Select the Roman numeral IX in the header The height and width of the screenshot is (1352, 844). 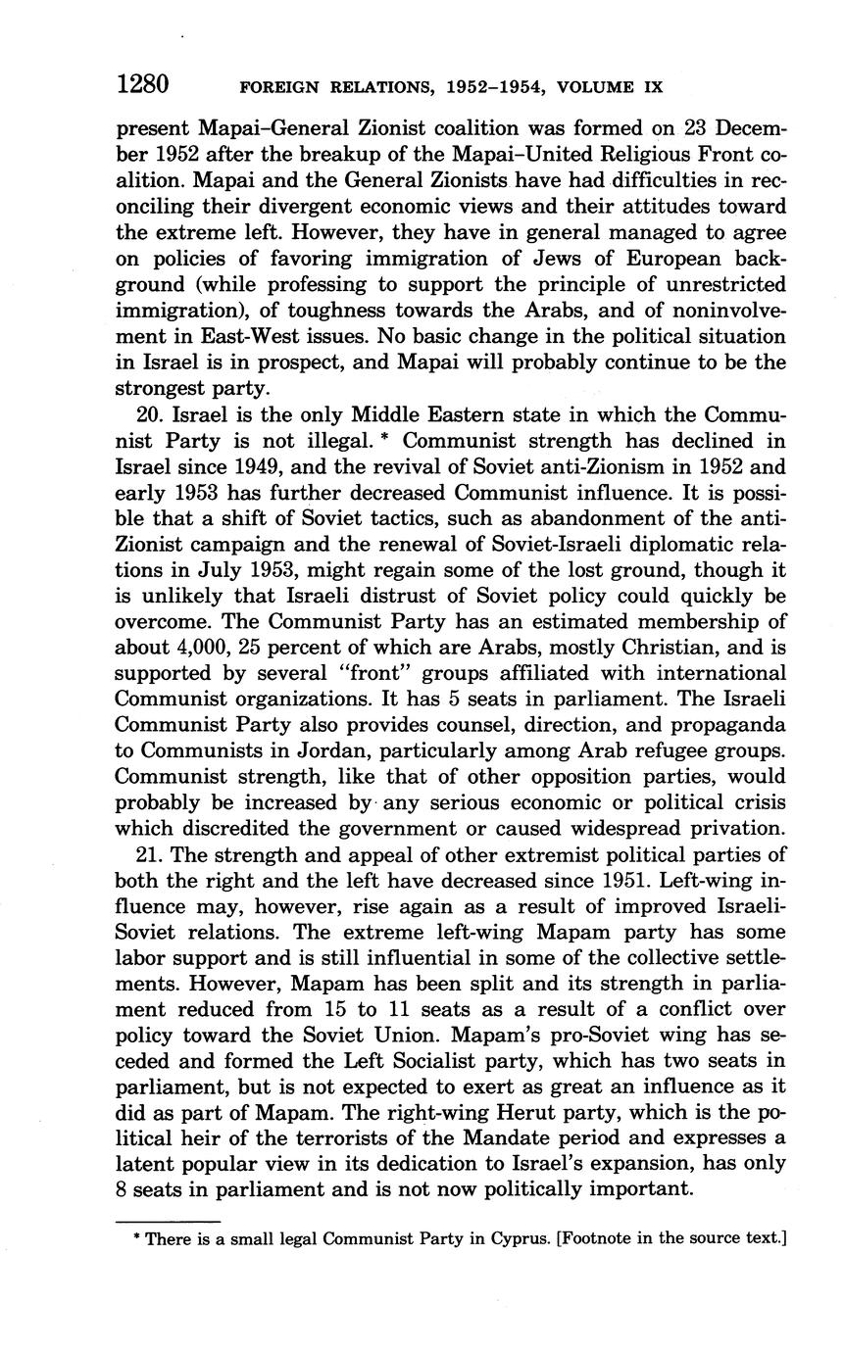[651, 87]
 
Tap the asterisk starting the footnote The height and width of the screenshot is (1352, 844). [137, 1238]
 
